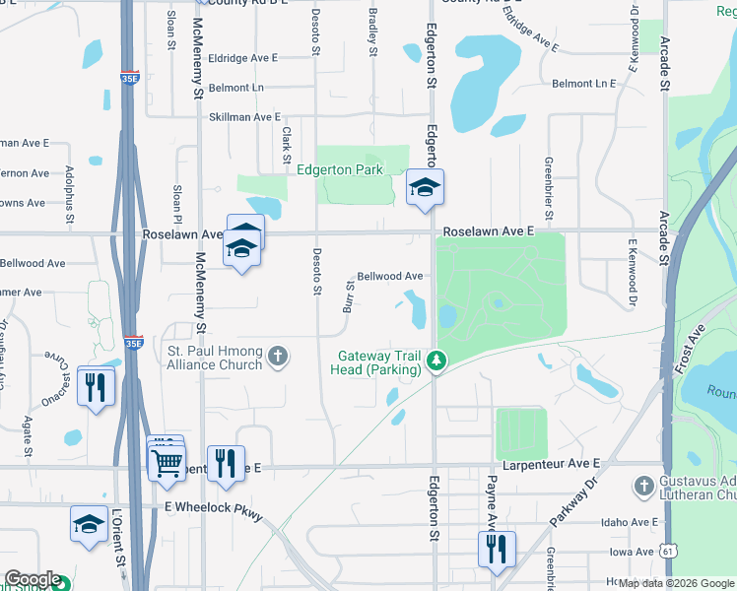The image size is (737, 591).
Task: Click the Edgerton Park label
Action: (340, 170)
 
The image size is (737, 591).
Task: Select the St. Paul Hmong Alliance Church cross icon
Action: (279, 356)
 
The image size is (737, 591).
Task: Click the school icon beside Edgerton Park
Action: (425, 188)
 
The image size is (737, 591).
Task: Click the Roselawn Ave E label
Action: (488, 230)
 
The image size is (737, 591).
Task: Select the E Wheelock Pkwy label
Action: (214, 506)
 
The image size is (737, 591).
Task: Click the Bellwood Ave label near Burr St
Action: (390, 277)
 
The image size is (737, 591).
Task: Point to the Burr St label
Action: (349, 295)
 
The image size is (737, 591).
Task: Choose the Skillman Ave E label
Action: (244, 116)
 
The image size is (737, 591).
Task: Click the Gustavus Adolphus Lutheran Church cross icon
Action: (643, 486)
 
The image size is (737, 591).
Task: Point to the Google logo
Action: (32, 579)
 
